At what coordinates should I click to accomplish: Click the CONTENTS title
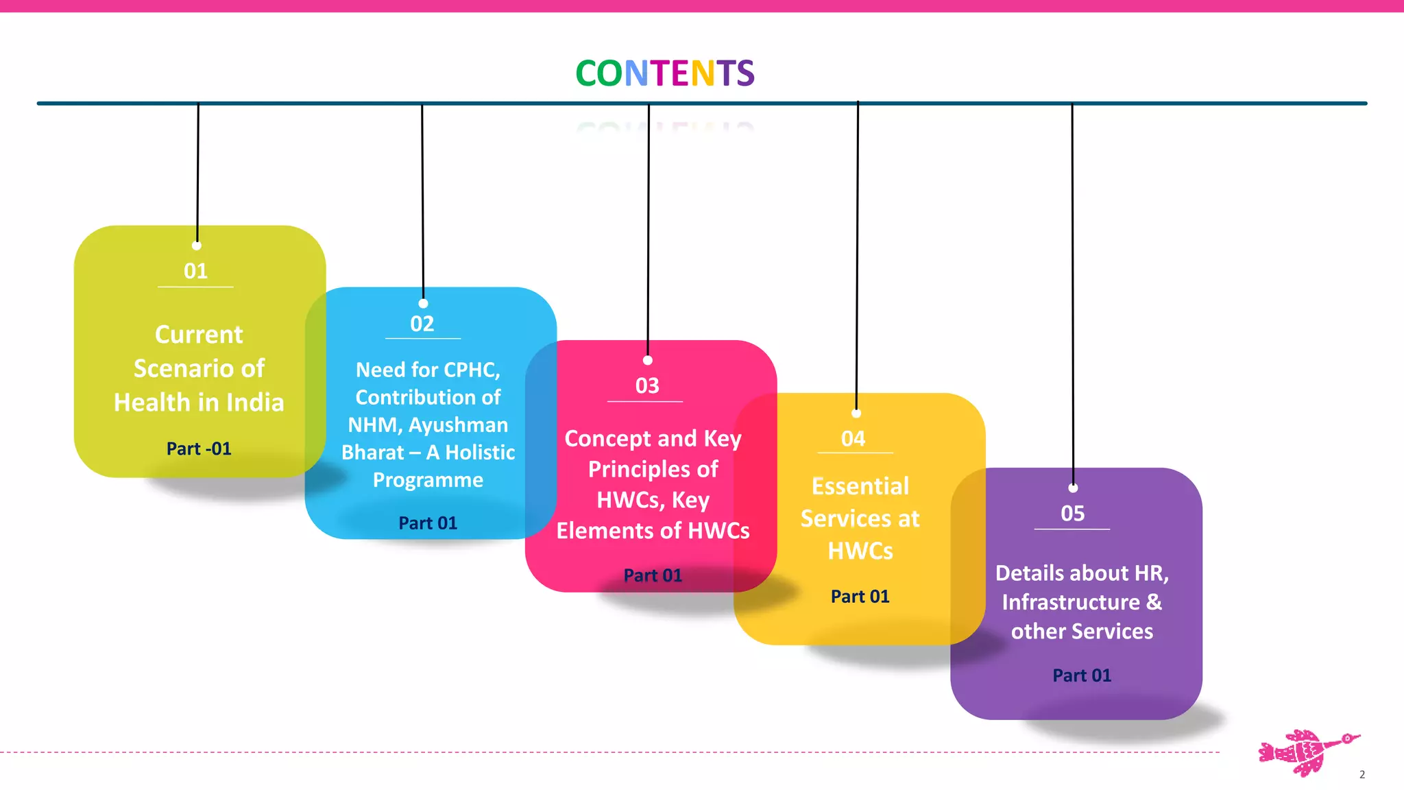pos(664,73)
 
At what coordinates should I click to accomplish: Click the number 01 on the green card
pos(195,271)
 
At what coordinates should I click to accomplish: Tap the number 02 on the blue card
pos(422,324)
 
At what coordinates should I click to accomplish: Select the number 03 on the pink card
pos(647,385)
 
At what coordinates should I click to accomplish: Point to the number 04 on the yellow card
pos(854,438)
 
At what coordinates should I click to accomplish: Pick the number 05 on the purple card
pos(1073,513)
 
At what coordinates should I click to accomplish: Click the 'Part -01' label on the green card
pos(199,448)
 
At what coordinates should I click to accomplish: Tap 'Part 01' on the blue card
pos(428,523)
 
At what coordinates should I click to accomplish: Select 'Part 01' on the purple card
pos(1082,675)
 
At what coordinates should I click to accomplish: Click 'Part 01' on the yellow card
pos(860,596)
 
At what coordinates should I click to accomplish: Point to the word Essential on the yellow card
pos(860,486)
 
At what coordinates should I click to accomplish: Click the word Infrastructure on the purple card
pos(1070,602)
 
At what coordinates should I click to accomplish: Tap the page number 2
pos(1362,774)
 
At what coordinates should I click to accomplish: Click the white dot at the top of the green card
pos(197,246)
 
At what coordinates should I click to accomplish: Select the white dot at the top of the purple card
pos(1073,488)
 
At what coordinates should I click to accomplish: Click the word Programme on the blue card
pos(428,480)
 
